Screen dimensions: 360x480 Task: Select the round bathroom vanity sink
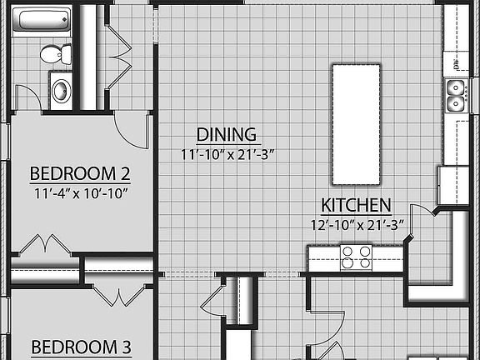(x=62, y=89)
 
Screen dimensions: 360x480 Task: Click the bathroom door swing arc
(x=25, y=95)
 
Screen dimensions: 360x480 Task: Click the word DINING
(x=226, y=134)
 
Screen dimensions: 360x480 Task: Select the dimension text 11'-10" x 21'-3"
(x=227, y=154)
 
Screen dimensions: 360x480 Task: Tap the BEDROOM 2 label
(x=80, y=174)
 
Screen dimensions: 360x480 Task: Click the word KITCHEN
(x=357, y=204)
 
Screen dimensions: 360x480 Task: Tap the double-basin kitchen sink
(x=456, y=95)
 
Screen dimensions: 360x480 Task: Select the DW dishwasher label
(x=457, y=64)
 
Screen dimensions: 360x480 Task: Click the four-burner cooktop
(x=356, y=257)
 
